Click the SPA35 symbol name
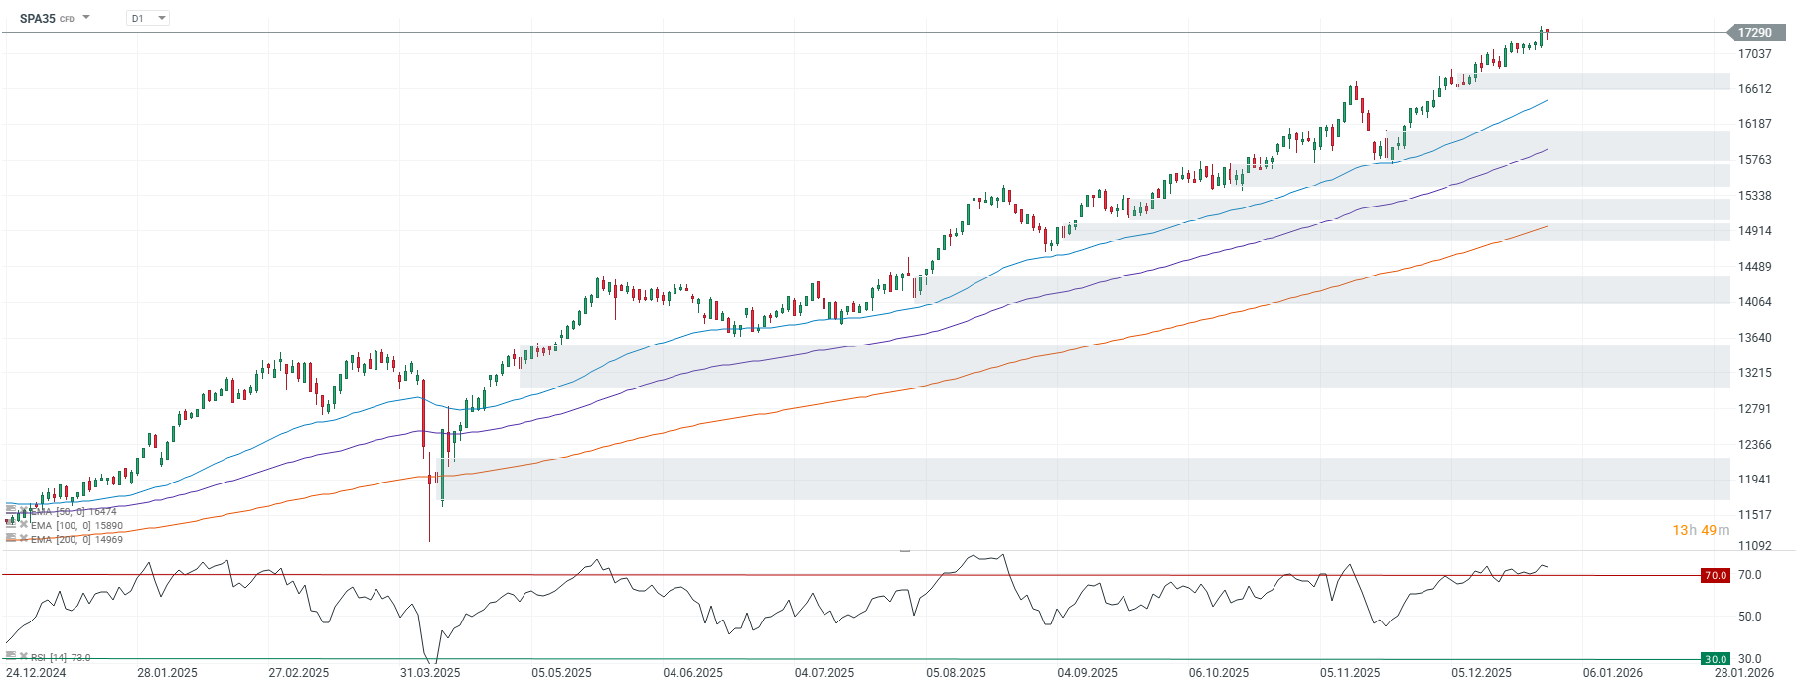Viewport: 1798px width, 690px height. (x=38, y=19)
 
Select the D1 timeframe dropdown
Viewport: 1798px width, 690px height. (x=147, y=19)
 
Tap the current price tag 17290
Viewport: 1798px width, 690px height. (x=1754, y=33)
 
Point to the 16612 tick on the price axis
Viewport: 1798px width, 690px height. (x=1754, y=89)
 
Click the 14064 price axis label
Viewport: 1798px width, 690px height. (x=1754, y=302)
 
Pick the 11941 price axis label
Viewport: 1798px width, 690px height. (x=1754, y=480)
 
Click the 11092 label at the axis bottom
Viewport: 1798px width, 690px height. (x=1754, y=546)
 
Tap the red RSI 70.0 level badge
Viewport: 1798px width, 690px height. (x=1716, y=575)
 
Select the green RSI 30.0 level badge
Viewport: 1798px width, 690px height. (x=1716, y=659)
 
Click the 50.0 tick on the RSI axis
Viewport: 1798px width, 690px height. (x=1749, y=617)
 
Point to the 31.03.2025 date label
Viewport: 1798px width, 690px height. (x=430, y=673)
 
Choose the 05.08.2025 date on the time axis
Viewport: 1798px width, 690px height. (x=956, y=673)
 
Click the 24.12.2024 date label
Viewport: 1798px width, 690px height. (x=36, y=673)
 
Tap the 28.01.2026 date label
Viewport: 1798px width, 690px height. (x=1744, y=673)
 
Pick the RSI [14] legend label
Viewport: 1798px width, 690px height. (x=60, y=658)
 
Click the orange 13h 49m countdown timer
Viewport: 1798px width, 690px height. (x=1700, y=530)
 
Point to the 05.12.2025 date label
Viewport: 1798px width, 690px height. (x=1481, y=673)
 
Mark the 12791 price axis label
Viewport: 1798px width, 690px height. (x=1754, y=409)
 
